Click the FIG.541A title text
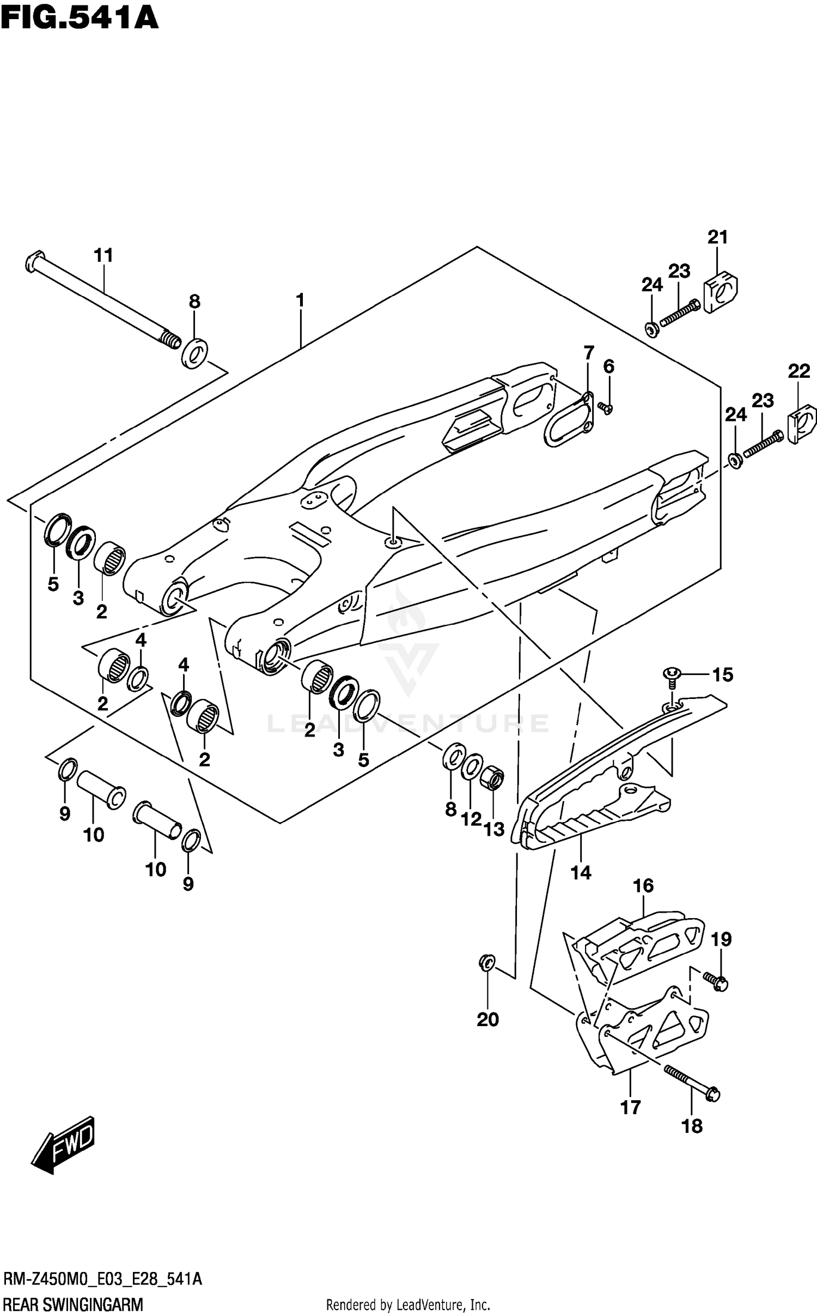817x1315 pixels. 80,17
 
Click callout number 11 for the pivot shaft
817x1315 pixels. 103,255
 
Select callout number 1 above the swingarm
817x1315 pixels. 300,300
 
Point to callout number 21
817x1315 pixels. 717,237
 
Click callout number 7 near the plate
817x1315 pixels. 589,353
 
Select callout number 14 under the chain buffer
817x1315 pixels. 581,873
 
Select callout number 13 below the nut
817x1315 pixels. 494,829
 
